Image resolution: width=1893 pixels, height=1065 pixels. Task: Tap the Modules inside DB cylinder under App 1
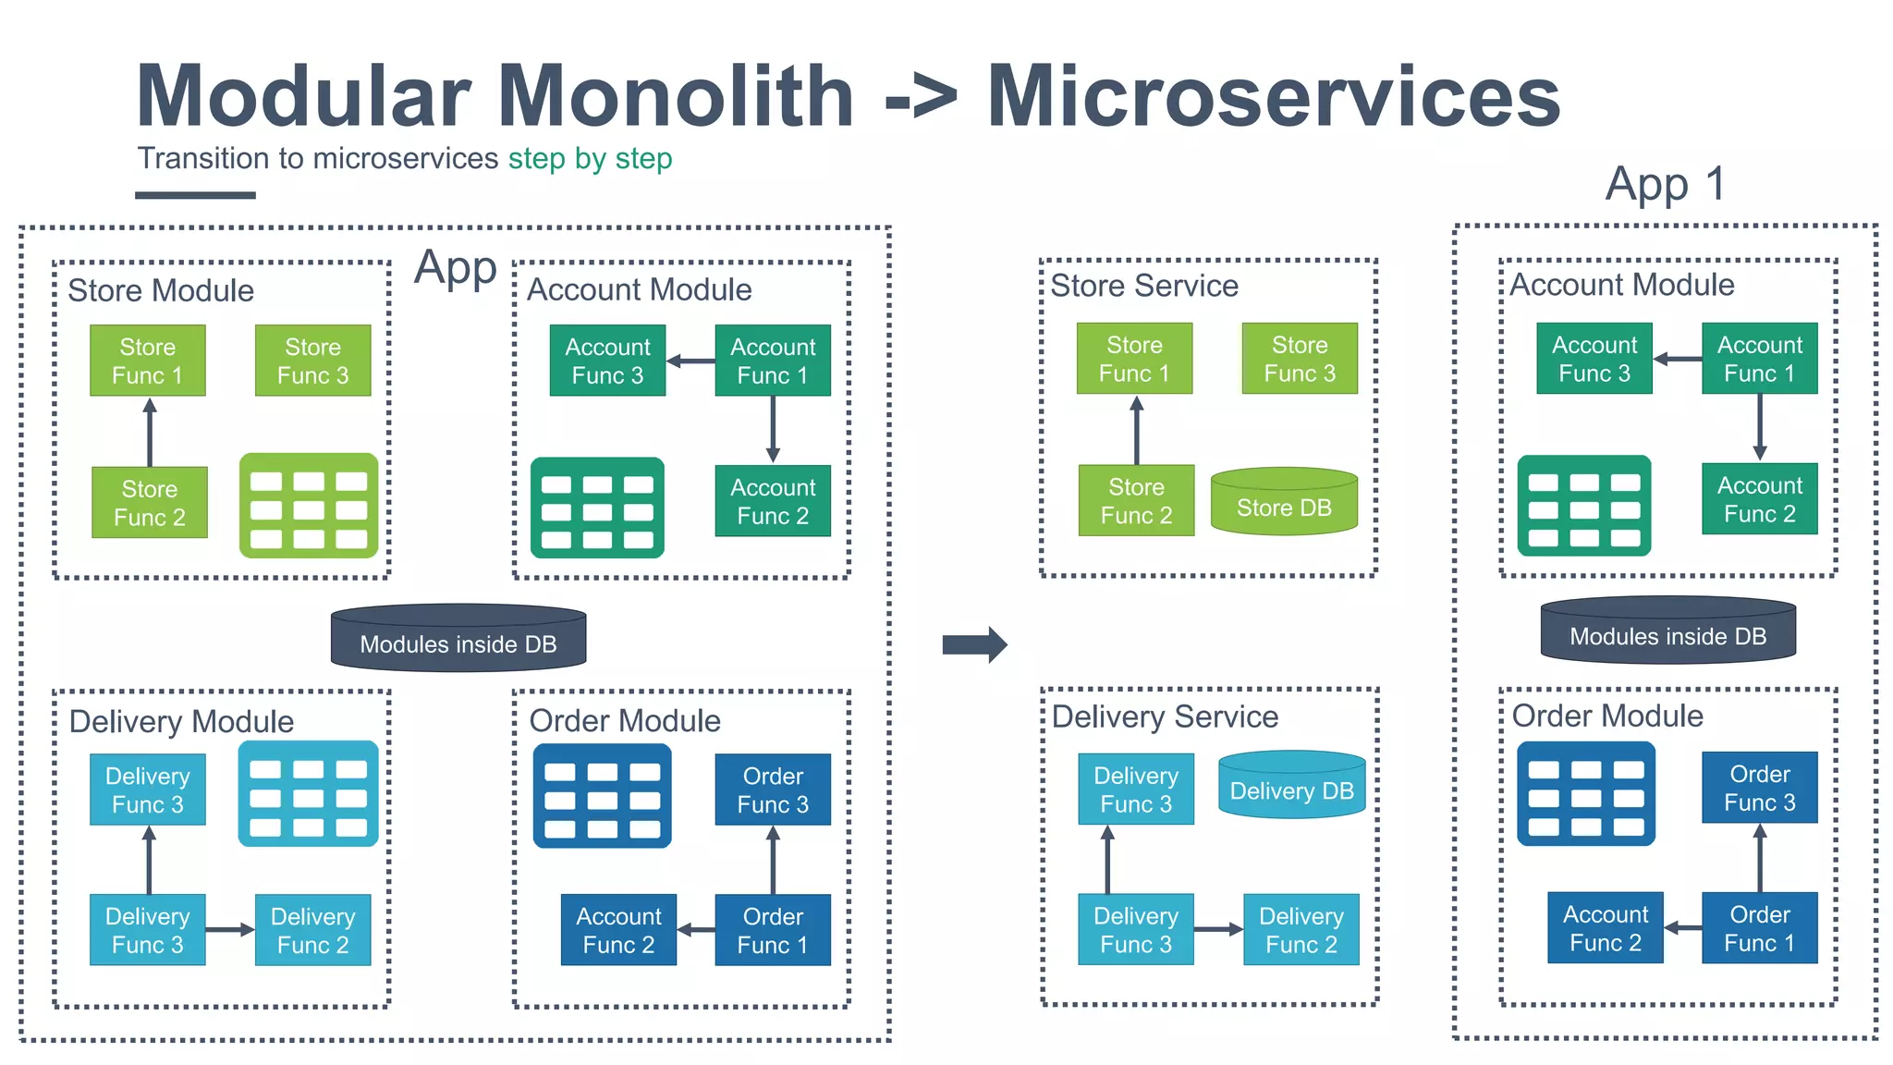pos(1667,631)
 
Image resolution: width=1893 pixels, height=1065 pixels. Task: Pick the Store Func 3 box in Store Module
pos(312,361)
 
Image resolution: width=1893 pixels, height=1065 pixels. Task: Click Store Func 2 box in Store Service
pos(1136,500)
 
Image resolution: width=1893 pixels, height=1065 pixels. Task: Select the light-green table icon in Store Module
pos(309,506)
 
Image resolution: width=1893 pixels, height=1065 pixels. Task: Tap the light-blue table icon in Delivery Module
pos(308,794)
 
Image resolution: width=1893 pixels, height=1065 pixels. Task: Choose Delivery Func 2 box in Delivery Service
pos(1301,929)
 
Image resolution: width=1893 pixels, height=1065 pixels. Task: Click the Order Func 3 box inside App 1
pos(1759,788)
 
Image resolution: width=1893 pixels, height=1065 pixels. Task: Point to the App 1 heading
pos(1665,183)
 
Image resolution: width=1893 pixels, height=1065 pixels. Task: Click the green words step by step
pos(590,158)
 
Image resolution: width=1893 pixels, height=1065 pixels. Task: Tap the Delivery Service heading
pos(1165,716)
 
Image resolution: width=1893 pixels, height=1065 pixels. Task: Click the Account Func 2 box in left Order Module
pos(618,930)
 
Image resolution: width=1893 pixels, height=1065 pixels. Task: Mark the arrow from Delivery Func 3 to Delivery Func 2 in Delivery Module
pos(229,929)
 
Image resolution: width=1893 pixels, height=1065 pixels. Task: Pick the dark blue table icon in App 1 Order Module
pos(1585,793)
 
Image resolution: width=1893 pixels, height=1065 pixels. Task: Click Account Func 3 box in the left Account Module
pos(607,361)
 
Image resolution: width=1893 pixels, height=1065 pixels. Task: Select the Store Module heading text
pos(161,290)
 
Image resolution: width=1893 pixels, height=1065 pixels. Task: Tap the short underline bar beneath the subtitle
pos(195,195)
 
